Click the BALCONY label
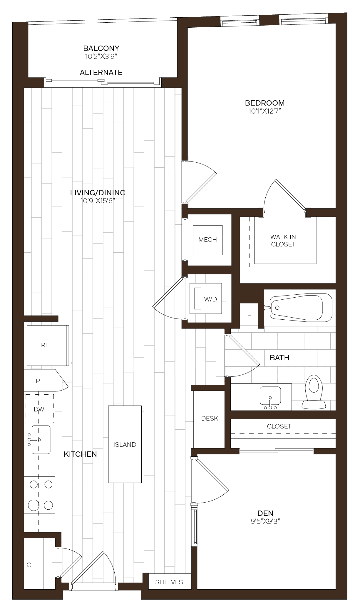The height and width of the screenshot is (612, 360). [x=101, y=48]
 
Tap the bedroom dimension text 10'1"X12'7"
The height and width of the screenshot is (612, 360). [x=265, y=111]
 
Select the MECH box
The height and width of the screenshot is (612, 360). [x=207, y=240]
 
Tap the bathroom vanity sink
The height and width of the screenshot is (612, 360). [x=270, y=396]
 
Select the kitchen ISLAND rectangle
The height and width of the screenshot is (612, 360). [x=125, y=444]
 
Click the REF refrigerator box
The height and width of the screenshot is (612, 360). [x=47, y=345]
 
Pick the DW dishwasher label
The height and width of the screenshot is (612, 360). [x=39, y=409]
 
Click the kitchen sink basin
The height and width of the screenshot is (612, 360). [x=41, y=440]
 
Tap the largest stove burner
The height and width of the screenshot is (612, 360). [x=34, y=505]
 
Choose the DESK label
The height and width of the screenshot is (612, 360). [x=210, y=418]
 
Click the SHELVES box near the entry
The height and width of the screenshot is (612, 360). [x=169, y=582]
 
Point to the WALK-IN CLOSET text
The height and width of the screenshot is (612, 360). [x=283, y=241]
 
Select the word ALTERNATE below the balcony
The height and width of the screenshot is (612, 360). [x=101, y=72]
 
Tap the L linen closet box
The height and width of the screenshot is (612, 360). [x=249, y=314]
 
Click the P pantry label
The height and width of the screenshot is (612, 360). [x=38, y=381]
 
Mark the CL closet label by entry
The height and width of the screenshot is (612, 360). [x=31, y=565]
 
